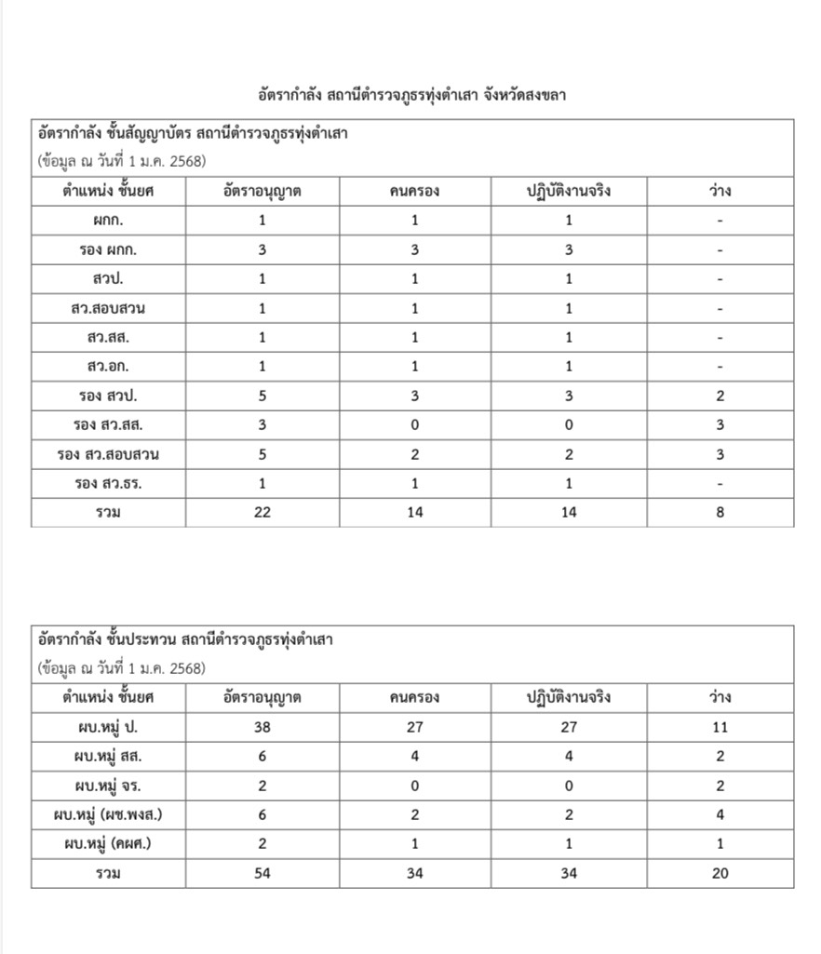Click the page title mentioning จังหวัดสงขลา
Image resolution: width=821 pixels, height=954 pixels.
click(411, 95)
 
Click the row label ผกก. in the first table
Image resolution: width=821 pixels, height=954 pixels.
click(108, 221)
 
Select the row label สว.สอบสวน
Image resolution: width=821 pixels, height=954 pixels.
click(108, 308)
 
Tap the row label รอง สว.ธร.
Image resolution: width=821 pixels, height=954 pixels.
click(108, 483)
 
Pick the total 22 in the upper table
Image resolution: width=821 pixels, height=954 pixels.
click(262, 512)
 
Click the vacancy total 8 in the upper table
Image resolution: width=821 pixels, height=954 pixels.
click(720, 512)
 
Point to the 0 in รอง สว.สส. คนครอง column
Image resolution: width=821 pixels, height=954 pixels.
click(414, 425)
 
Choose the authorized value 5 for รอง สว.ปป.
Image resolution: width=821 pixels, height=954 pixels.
click(262, 396)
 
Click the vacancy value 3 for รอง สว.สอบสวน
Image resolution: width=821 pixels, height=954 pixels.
click(720, 454)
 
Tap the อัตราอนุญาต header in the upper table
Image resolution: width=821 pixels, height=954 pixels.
click(262, 192)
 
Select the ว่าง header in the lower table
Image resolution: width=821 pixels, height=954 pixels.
click(720, 697)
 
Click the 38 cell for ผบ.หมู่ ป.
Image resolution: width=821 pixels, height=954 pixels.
click(262, 727)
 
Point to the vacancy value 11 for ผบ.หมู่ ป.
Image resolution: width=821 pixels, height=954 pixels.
click(720, 727)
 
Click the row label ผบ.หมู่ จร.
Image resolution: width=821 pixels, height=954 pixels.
click(108, 786)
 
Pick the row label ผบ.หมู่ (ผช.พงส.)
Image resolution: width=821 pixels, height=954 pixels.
click(108, 814)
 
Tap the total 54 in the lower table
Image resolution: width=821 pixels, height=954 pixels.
click(262, 873)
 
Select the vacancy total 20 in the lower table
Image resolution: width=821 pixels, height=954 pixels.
click(720, 873)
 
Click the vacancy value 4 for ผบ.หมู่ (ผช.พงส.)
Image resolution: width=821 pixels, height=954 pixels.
click(720, 814)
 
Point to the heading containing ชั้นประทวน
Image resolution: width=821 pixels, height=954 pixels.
click(185, 640)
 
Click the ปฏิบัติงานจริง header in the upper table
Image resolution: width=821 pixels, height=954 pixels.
click(569, 192)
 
